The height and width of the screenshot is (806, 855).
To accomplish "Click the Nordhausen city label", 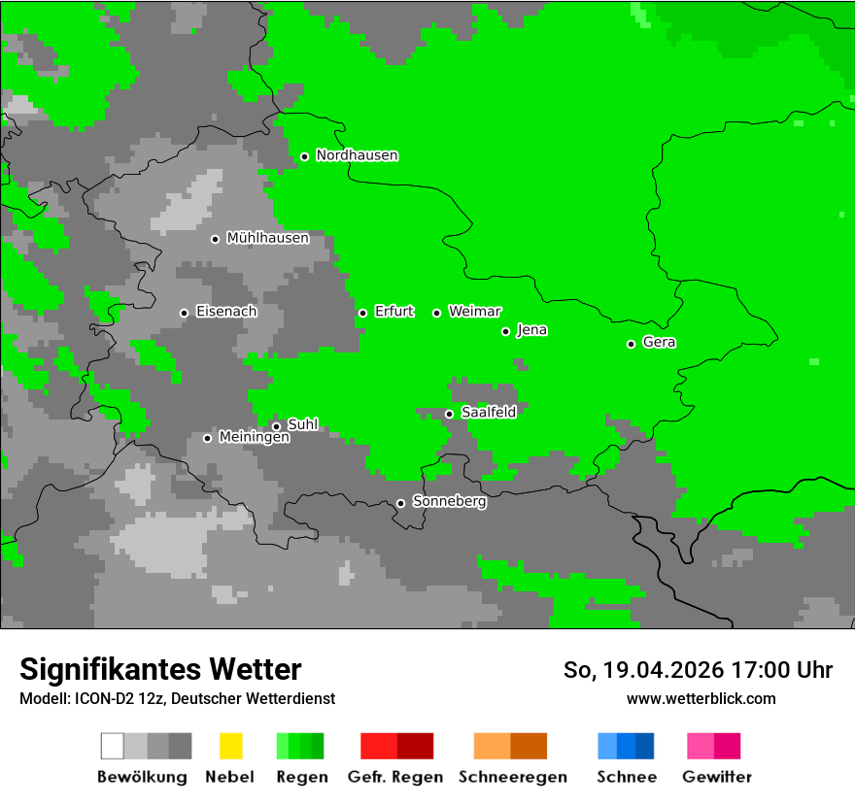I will pyautogui.click(x=357, y=155).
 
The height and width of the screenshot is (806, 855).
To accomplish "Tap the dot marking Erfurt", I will pyautogui.click(x=362, y=313).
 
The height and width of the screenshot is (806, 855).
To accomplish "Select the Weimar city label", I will pyautogui.click(x=474, y=312).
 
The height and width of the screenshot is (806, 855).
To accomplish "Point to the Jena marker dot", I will pyautogui.click(x=505, y=331).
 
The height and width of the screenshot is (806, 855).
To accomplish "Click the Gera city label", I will pyautogui.click(x=659, y=343).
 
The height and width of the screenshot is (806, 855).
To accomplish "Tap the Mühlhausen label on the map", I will pyautogui.click(x=267, y=238).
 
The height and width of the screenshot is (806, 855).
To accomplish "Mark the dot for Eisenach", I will pyautogui.click(x=184, y=313).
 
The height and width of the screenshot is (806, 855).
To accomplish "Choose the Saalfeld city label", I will pyautogui.click(x=488, y=413).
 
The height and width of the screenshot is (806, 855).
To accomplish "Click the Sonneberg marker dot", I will pyautogui.click(x=400, y=503).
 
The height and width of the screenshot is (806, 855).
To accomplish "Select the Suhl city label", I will pyautogui.click(x=302, y=424).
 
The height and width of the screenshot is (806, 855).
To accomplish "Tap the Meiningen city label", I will pyautogui.click(x=254, y=438).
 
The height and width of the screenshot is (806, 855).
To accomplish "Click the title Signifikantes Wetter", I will pyautogui.click(x=160, y=670).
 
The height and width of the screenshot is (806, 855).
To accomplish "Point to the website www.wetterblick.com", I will pyautogui.click(x=701, y=699).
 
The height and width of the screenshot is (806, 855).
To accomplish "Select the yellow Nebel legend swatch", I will pyautogui.click(x=230, y=746).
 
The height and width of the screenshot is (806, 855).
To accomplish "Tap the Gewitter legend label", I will pyautogui.click(x=716, y=777).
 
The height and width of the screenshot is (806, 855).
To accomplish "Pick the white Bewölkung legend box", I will pyautogui.click(x=113, y=746).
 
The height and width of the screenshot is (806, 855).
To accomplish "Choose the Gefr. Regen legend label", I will pyautogui.click(x=394, y=777).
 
